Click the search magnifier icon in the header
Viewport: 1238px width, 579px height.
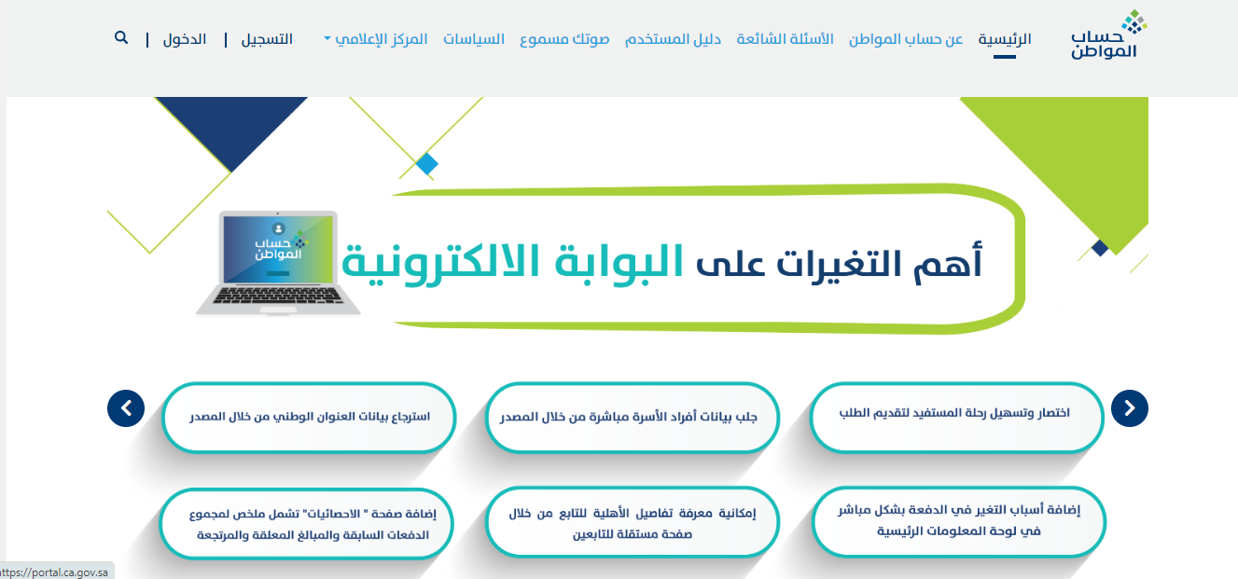click(121, 37)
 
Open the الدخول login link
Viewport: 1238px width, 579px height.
click(185, 39)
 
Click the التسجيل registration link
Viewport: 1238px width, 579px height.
click(267, 39)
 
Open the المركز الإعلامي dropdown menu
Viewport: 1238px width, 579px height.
click(376, 39)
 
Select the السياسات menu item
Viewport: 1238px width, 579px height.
click(474, 39)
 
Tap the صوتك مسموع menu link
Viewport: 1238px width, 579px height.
click(564, 39)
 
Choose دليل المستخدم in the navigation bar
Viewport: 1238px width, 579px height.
click(674, 39)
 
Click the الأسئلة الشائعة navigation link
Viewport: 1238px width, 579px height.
click(785, 39)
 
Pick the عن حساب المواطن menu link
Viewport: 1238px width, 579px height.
click(906, 39)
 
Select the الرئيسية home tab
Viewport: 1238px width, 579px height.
click(1005, 39)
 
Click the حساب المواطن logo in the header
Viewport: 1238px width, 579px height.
click(1108, 34)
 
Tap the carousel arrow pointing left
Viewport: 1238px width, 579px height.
click(126, 408)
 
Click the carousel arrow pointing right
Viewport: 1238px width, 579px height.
click(1130, 408)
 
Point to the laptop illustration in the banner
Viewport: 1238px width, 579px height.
click(278, 263)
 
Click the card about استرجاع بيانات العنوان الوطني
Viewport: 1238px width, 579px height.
click(309, 418)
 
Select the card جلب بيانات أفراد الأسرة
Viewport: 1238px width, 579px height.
click(633, 418)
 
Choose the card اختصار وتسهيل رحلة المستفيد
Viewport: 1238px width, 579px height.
click(956, 418)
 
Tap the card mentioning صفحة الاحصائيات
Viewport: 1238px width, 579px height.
click(307, 523)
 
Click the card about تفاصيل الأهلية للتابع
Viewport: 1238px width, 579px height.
click(633, 522)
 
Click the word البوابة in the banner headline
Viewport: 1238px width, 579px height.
click(619, 261)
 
